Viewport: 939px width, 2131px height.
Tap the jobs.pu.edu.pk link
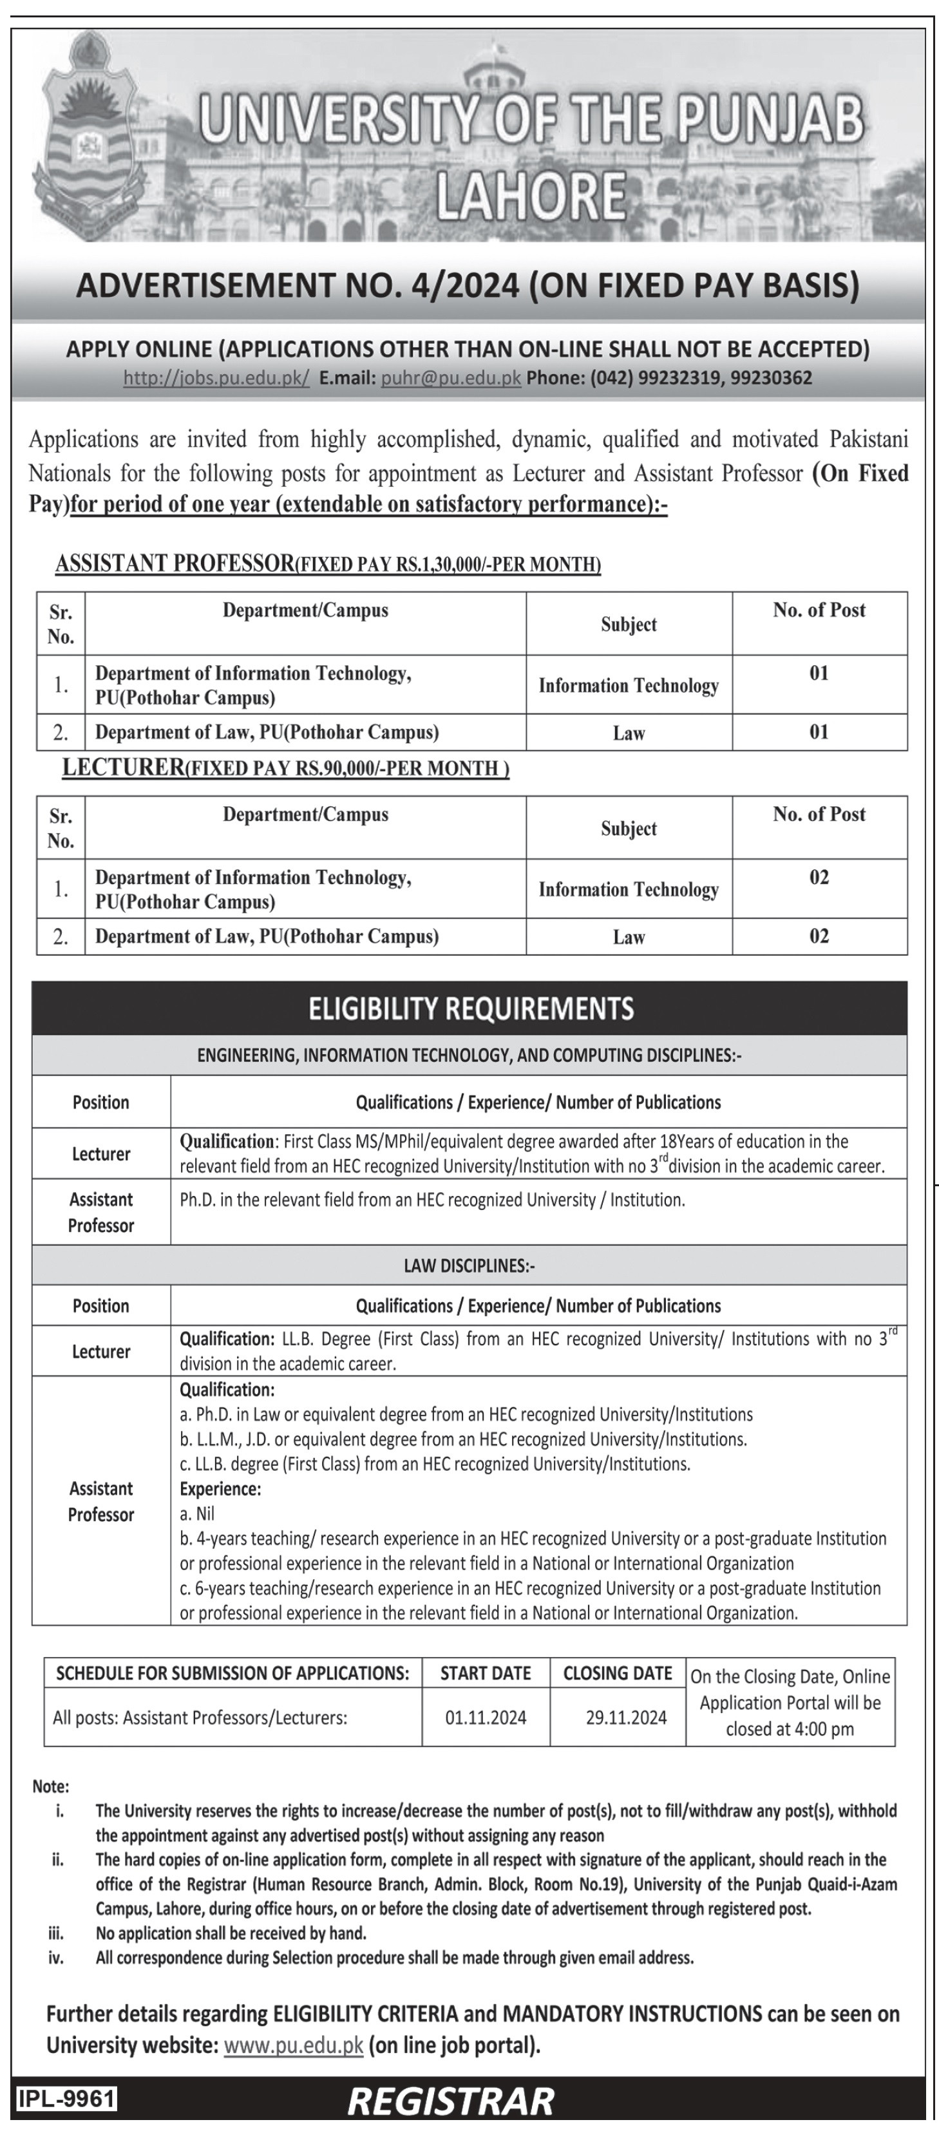tap(216, 378)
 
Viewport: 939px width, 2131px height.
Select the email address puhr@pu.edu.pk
tap(451, 378)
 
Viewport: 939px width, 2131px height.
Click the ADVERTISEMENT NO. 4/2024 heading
tap(468, 285)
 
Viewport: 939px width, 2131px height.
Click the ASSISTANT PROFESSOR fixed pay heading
tap(328, 564)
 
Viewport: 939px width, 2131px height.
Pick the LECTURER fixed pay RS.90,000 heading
tap(285, 768)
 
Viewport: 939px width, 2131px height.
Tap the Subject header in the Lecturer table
tap(629, 829)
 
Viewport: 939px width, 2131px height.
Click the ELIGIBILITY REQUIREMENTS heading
tap(471, 1009)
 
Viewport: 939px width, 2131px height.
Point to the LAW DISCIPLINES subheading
tap(469, 1265)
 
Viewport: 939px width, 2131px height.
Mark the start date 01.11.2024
tap(486, 1718)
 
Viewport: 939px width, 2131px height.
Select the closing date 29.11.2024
tap(626, 1718)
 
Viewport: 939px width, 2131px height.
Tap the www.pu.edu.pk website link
tap(294, 2046)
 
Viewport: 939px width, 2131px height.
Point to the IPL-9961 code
tap(67, 2099)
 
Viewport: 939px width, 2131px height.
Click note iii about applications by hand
tap(231, 1933)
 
